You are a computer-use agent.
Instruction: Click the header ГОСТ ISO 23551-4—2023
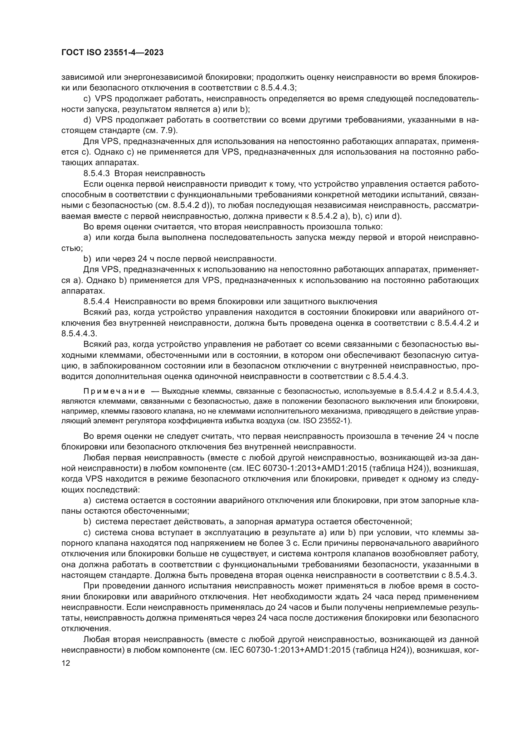(112, 53)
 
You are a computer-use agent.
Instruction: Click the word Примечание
(114, 391)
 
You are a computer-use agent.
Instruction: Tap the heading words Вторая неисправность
(159, 173)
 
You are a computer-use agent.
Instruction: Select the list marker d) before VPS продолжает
(87, 120)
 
